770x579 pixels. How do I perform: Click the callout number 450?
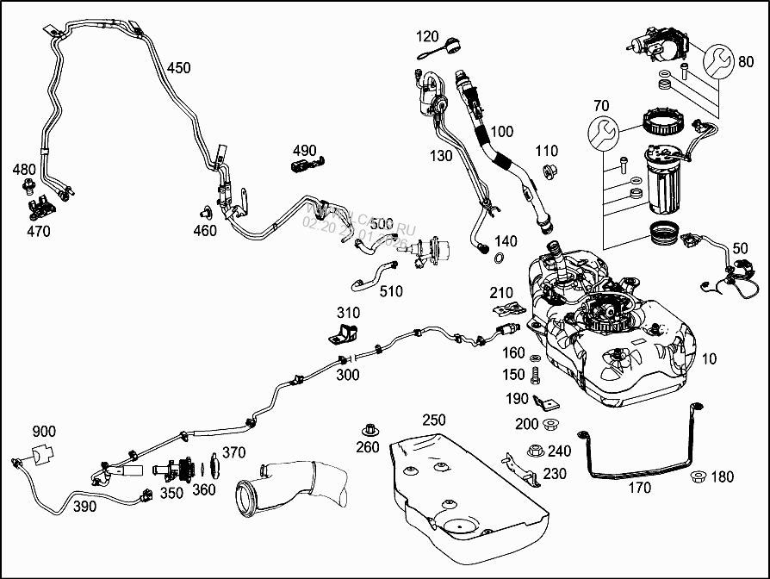(x=178, y=67)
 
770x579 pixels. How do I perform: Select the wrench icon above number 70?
(x=603, y=132)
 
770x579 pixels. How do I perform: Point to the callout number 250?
(x=433, y=420)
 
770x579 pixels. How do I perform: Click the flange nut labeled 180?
(x=697, y=476)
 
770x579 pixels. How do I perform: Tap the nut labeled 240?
(x=534, y=451)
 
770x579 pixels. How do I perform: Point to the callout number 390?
(x=84, y=507)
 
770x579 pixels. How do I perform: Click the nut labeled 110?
(x=547, y=172)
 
